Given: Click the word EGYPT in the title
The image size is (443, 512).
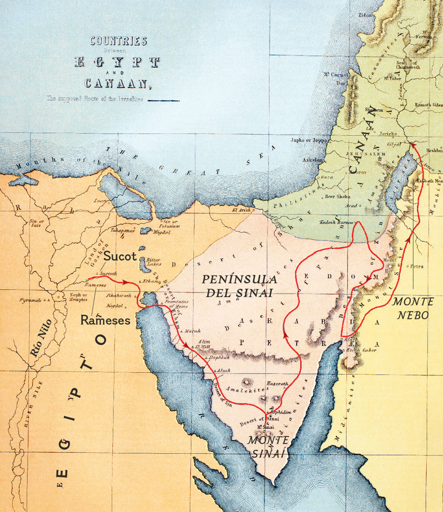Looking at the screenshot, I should (x=117, y=62).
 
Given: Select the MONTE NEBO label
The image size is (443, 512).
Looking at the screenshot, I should (x=413, y=308).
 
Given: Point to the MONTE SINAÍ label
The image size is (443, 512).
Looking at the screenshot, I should (x=267, y=446).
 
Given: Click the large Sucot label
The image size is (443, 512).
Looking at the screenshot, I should (x=120, y=257).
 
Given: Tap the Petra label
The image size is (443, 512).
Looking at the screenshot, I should (x=416, y=267).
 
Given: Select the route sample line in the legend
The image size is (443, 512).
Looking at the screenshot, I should (x=163, y=101).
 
